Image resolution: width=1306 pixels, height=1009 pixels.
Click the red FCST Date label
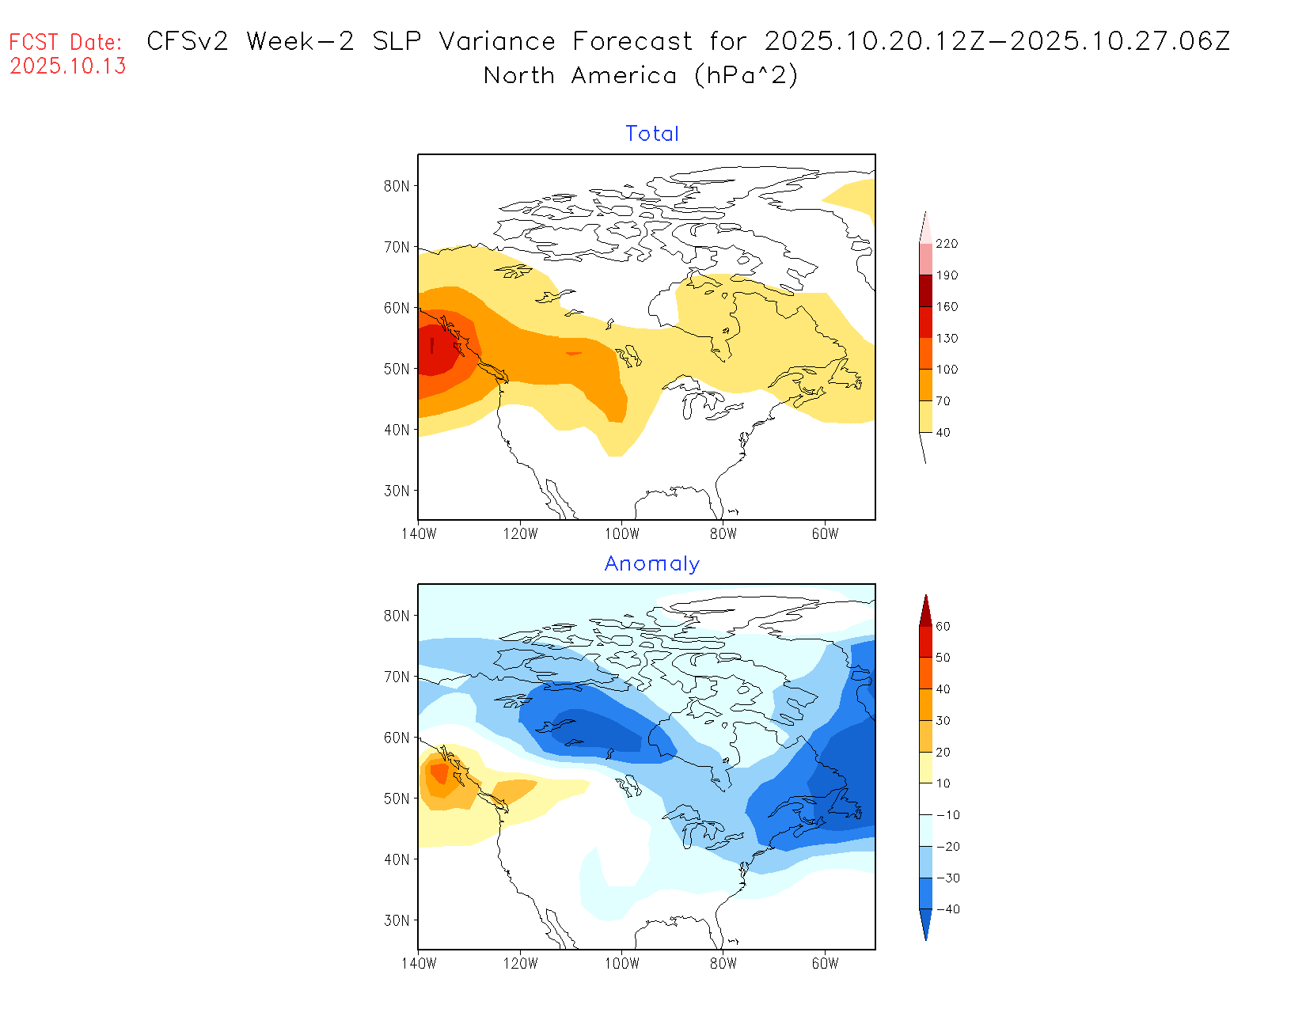click(66, 42)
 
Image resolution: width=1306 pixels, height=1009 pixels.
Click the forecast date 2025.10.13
click(68, 66)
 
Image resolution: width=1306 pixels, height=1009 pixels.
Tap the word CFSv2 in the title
click(187, 41)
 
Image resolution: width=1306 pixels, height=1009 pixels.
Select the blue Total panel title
click(652, 134)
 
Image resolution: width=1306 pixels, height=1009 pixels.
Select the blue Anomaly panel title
click(652, 563)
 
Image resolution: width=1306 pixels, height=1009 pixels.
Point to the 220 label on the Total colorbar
click(947, 244)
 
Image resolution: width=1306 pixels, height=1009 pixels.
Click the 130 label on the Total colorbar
click(947, 338)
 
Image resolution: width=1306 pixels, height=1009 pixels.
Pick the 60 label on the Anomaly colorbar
click(943, 626)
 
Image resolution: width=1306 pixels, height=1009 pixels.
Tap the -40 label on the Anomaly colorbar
click(947, 909)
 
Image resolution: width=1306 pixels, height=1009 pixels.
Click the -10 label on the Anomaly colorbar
click(947, 815)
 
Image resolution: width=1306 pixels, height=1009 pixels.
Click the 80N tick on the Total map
click(397, 186)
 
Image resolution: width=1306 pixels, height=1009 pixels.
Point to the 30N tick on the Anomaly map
click(397, 920)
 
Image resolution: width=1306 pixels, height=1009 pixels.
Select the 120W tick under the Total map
click(520, 534)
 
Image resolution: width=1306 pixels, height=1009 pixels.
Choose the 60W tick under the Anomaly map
click(825, 964)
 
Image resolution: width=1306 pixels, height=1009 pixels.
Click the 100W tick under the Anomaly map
click(621, 964)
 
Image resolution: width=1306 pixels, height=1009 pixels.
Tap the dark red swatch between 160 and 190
click(925, 290)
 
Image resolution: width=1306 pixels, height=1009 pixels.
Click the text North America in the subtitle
click(580, 76)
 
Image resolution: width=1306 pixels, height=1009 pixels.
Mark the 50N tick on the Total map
click(397, 369)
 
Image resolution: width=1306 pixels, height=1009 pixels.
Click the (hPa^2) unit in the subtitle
click(746, 76)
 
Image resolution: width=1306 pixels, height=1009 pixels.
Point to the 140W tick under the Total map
click(419, 534)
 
